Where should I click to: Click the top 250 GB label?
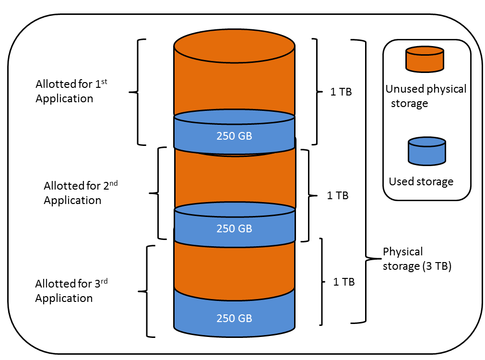point(234,136)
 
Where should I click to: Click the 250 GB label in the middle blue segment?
point(234,228)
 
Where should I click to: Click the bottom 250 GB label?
point(234,318)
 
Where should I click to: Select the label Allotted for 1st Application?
point(71,91)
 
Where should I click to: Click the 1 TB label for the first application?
point(341,92)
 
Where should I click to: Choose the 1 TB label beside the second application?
point(337,195)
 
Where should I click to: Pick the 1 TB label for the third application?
point(344,282)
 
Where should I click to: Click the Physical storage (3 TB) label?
point(417,259)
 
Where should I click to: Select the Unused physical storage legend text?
point(426,96)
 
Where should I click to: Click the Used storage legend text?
point(421,181)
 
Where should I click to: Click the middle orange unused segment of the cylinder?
point(234,178)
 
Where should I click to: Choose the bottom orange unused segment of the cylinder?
point(234,266)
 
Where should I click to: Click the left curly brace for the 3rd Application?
point(146,291)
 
